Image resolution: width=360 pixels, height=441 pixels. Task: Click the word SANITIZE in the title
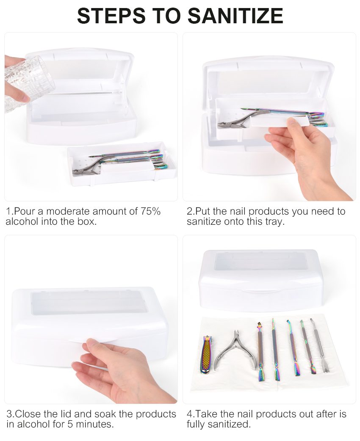[235, 16]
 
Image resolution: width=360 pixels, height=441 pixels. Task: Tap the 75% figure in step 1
[151, 211]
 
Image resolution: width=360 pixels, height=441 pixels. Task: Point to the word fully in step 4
[197, 424]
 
